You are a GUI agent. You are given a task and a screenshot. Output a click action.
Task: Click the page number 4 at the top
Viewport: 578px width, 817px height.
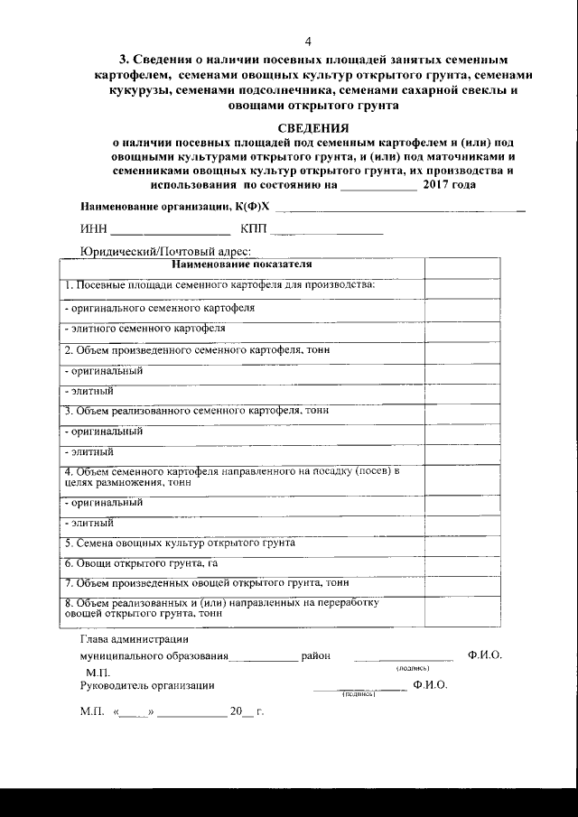click(308, 42)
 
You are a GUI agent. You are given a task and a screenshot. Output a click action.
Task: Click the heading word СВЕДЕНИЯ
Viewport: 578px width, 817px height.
click(312, 128)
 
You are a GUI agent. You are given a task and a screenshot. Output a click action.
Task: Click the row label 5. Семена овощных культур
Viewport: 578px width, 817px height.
click(180, 544)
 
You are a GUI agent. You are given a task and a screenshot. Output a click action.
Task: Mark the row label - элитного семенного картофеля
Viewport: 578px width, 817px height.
click(144, 329)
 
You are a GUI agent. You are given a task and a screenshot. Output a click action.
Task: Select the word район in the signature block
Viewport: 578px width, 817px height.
click(315, 656)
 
